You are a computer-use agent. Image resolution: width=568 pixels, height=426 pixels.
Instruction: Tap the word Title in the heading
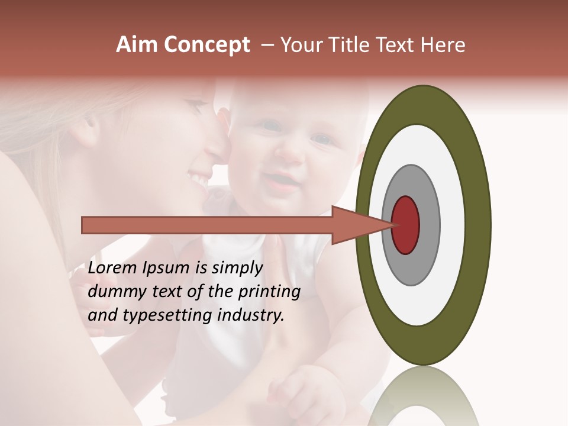pyautogui.click(x=353, y=45)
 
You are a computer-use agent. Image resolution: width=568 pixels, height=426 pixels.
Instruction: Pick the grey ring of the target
pyautogui.click(x=430, y=225)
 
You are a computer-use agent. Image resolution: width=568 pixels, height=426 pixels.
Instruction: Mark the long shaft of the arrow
pyautogui.click(x=207, y=225)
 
